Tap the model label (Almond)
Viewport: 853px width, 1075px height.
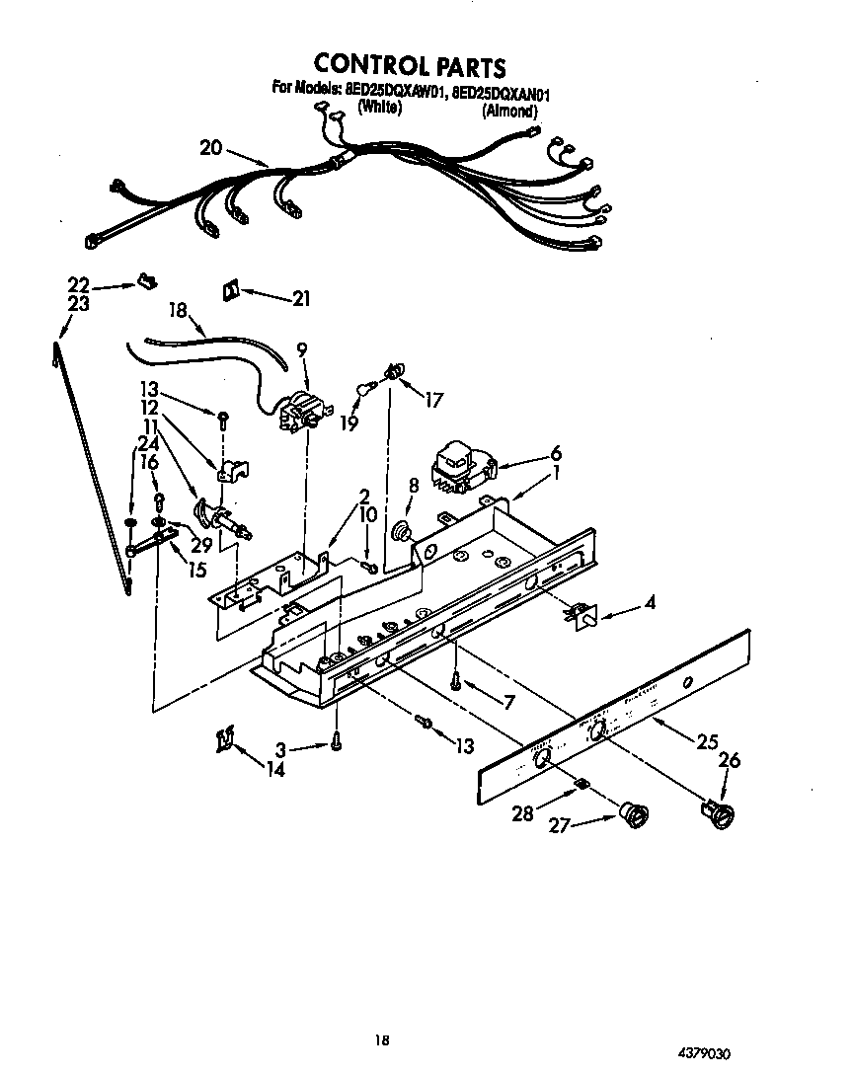click(510, 111)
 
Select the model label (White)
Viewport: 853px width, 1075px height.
click(379, 110)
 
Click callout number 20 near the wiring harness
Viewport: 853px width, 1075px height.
click(210, 148)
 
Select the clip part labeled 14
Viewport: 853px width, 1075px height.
click(224, 739)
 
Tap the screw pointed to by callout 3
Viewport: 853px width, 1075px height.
click(337, 739)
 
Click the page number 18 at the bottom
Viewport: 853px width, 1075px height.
click(381, 1038)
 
